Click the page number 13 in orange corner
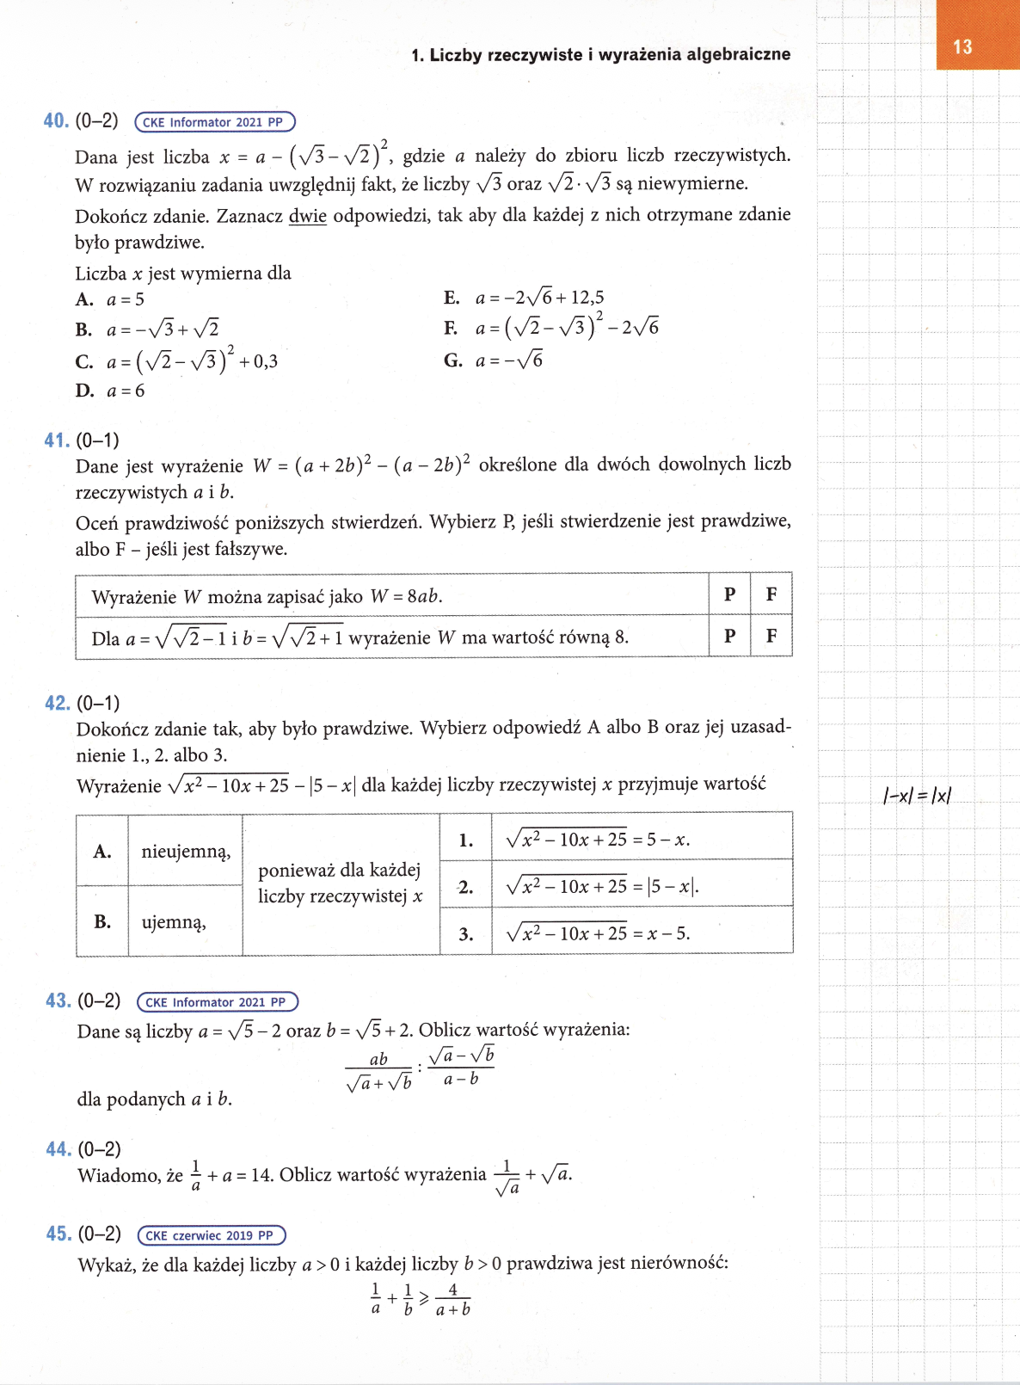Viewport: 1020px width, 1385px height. [962, 47]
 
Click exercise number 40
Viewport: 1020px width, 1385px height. [56, 121]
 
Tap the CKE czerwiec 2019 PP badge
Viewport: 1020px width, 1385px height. [211, 1235]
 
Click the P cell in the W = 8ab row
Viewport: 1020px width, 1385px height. [729, 594]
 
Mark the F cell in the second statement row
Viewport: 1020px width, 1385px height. [771, 637]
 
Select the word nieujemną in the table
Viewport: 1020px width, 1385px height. [186, 852]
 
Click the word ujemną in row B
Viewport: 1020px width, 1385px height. [174, 922]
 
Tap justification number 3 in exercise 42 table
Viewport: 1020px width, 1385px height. [465, 934]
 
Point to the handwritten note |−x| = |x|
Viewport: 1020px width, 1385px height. [917, 796]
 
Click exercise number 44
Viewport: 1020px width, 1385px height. [58, 1149]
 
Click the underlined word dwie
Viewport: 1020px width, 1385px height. [307, 215]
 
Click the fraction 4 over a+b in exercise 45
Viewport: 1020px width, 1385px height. [452, 1300]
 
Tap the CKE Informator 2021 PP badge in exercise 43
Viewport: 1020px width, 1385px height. [217, 1002]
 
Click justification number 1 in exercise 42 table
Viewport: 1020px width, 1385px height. [465, 840]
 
